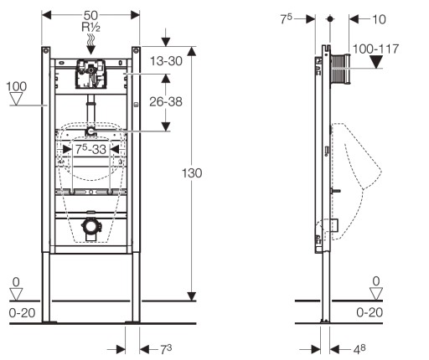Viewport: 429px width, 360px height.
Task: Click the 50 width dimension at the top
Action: click(90, 15)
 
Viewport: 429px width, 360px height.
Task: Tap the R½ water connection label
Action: click(90, 28)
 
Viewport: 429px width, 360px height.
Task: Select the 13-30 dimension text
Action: click(166, 61)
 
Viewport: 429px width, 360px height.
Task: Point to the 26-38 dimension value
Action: click(166, 101)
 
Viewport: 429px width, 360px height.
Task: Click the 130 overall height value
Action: click(192, 173)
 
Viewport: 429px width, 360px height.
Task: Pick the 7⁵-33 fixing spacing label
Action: click(91, 149)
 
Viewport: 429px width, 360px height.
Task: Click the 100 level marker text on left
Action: click(17, 86)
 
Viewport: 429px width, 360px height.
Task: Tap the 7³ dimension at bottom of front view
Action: click(166, 349)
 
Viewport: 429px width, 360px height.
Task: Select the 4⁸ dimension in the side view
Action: click(359, 349)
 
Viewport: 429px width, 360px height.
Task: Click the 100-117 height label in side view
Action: click(375, 49)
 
